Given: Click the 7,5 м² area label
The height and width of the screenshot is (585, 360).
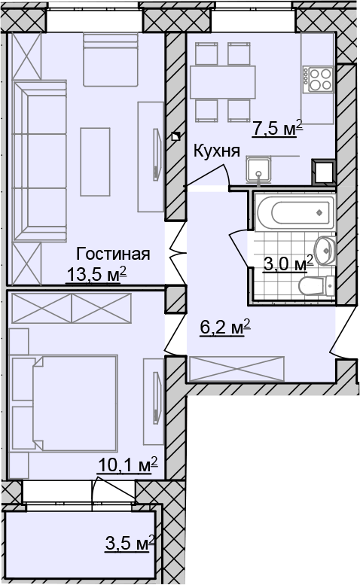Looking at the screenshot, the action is [x=277, y=129].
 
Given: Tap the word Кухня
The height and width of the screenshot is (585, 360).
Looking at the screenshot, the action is [x=216, y=151].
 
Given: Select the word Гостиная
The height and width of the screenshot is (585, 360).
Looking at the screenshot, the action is [x=113, y=254].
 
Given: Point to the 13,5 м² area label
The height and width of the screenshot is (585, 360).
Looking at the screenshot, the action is [x=97, y=275].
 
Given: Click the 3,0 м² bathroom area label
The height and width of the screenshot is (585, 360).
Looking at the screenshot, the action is [x=288, y=264].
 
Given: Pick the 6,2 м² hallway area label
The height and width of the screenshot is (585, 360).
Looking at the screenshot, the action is [x=225, y=328].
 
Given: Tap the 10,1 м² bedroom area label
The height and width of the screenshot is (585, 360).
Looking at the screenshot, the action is [x=127, y=465].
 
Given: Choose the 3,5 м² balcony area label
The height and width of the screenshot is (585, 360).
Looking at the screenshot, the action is [x=130, y=543].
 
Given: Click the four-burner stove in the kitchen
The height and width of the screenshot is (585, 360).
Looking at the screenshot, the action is [x=318, y=79].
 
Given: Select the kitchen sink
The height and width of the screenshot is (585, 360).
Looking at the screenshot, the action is [x=258, y=170].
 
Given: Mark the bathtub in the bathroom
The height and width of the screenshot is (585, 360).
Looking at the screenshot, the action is [x=295, y=212].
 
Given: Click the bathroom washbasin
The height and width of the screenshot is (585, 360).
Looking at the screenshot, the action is [x=325, y=250].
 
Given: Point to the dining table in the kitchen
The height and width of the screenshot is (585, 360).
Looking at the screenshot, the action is [x=223, y=82].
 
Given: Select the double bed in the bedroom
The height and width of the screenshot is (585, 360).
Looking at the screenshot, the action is [x=75, y=403].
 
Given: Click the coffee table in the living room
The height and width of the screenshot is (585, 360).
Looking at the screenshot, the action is [x=95, y=162].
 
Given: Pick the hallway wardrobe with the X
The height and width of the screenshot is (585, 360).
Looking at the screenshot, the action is [x=237, y=369].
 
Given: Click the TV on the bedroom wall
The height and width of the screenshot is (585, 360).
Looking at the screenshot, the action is [x=156, y=398].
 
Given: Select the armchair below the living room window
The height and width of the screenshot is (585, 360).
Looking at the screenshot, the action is [x=111, y=59].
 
